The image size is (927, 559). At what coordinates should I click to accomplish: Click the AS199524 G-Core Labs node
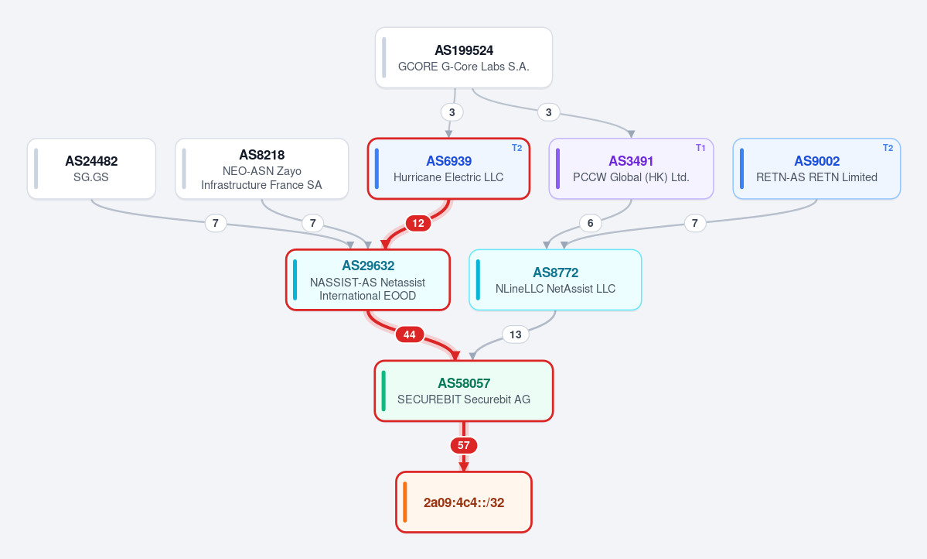(464, 57)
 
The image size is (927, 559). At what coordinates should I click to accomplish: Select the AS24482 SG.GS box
(92, 169)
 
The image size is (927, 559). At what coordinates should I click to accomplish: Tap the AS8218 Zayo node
(262, 169)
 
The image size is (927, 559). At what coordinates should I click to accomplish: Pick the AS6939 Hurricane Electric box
(448, 169)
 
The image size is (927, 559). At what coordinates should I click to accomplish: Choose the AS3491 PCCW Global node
(632, 169)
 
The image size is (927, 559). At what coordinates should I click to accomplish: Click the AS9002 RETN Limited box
(816, 169)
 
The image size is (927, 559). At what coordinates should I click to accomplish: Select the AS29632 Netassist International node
(368, 280)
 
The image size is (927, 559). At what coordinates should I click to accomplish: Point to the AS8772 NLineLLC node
(555, 280)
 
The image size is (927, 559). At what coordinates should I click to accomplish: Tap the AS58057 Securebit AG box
(464, 391)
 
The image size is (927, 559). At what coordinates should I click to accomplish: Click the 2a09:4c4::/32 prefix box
(464, 502)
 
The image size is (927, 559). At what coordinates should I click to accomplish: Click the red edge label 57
(464, 445)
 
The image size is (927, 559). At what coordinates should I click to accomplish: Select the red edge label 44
(409, 334)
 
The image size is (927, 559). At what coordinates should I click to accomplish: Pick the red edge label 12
(418, 223)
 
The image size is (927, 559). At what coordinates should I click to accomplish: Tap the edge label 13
(516, 334)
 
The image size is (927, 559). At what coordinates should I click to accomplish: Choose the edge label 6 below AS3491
(590, 223)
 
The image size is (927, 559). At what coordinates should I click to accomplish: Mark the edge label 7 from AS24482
(215, 223)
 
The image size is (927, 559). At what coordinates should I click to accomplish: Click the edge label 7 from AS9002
(694, 223)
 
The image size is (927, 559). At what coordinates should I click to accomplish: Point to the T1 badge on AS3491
(700, 148)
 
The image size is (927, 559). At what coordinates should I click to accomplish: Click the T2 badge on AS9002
(888, 148)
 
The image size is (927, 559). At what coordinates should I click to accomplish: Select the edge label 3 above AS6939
(452, 112)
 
